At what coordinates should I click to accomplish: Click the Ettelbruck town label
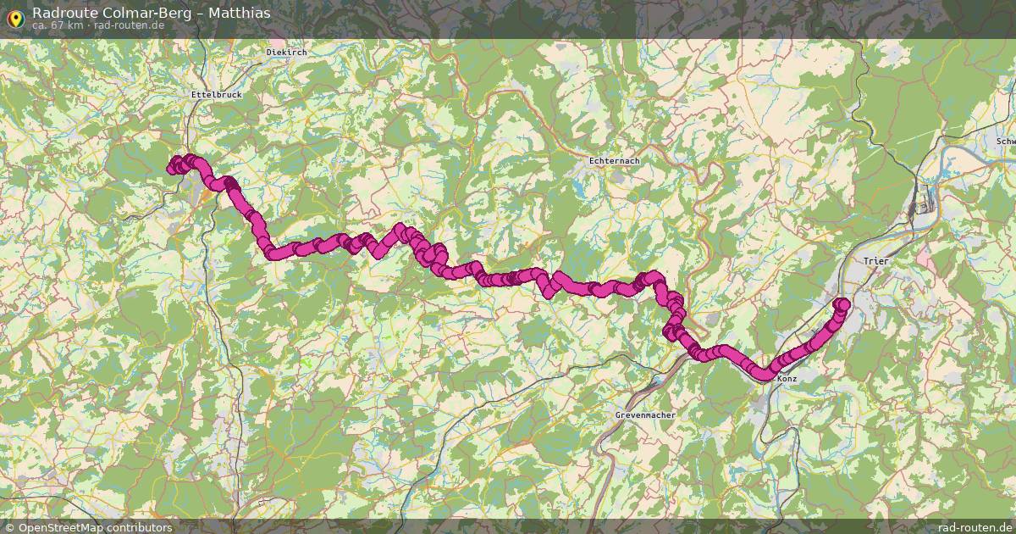(x=217, y=94)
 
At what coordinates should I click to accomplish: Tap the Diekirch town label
(x=286, y=52)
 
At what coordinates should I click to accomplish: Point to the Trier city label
(x=875, y=261)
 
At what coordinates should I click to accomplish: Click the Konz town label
(x=787, y=379)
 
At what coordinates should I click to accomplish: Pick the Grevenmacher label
(x=645, y=416)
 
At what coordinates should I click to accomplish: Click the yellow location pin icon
(x=14, y=16)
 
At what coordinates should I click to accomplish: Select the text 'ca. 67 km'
(x=57, y=25)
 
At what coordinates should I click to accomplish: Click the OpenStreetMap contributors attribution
(x=95, y=527)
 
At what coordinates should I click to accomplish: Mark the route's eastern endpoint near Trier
(x=842, y=304)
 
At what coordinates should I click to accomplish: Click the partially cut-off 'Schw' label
(x=1005, y=142)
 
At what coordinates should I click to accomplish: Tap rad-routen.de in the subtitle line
(x=129, y=25)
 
